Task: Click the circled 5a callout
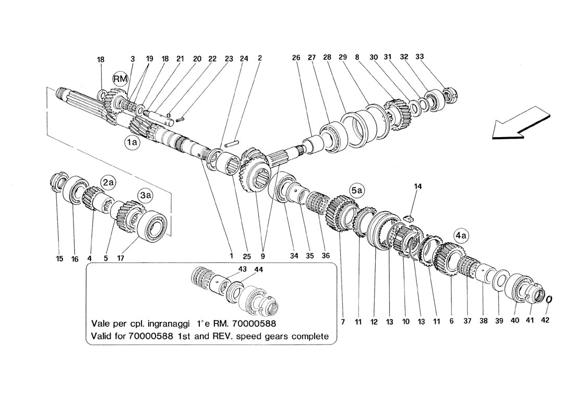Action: [x=356, y=192]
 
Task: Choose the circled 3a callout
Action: [x=145, y=195]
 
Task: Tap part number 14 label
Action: [x=417, y=186]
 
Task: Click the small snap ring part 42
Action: [x=550, y=300]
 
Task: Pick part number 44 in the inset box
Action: [x=258, y=269]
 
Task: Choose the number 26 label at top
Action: [x=296, y=58]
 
